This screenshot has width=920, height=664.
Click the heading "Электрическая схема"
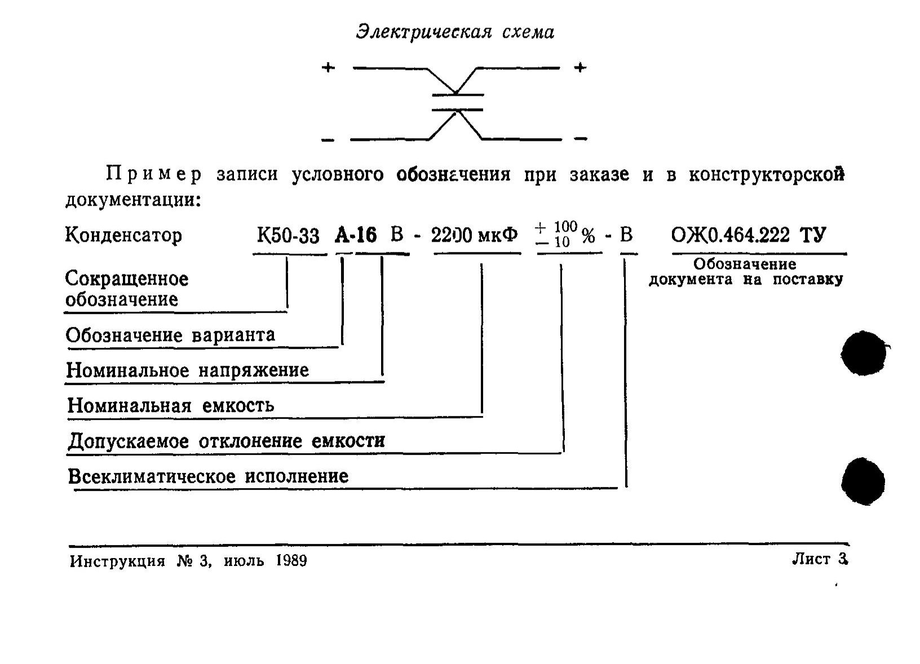click(x=455, y=32)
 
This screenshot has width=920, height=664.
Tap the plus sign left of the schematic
click(x=328, y=68)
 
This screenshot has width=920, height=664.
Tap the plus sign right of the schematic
click(x=580, y=68)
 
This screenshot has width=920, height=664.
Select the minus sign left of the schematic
click(x=328, y=140)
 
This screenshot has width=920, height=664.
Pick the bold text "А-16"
click(x=356, y=235)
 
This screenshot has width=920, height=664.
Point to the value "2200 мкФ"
click(x=475, y=235)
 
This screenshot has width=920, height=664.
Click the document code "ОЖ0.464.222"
click(x=731, y=235)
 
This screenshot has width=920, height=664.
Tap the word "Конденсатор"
click(x=123, y=235)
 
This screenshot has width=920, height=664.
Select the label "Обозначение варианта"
click(x=171, y=335)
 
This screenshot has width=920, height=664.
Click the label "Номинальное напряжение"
click(x=188, y=370)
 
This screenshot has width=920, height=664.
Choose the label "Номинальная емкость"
click(x=171, y=406)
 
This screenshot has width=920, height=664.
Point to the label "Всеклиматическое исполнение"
click(x=208, y=477)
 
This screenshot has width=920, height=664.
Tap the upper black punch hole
click(x=862, y=354)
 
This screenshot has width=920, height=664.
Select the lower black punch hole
click(x=862, y=481)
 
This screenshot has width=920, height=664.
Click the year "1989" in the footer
click(x=292, y=561)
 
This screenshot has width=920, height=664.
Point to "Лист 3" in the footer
click(x=820, y=559)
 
